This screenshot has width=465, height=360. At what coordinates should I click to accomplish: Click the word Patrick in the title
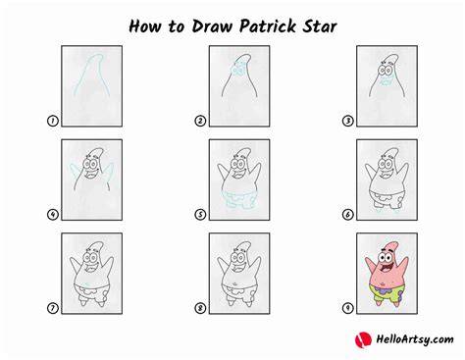pyautogui.click(x=268, y=26)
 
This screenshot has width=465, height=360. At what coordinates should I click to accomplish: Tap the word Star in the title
pyautogui.click(x=319, y=26)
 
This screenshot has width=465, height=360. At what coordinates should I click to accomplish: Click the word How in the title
pyautogui.click(x=145, y=26)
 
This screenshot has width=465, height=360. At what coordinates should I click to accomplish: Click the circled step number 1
pyautogui.click(x=52, y=121)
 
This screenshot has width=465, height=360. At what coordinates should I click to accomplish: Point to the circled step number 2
pyautogui.click(x=200, y=121)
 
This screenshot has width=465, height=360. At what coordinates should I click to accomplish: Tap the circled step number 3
pyautogui.click(x=347, y=121)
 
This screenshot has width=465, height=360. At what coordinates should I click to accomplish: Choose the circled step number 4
pyautogui.click(x=52, y=215)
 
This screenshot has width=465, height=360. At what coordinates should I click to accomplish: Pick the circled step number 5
pyautogui.click(x=200, y=215)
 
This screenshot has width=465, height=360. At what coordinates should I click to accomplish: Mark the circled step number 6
pyautogui.click(x=347, y=215)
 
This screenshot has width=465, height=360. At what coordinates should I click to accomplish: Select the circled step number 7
pyautogui.click(x=52, y=308)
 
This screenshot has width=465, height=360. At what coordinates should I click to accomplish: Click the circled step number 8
pyautogui.click(x=200, y=308)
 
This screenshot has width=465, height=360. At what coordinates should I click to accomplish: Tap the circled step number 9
pyautogui.click(x=347, y=308)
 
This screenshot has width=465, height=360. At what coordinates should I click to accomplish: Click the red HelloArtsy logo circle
pyautogui.click(x=363, y=339)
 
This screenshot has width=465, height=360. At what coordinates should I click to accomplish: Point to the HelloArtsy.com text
pyautogui.click(x=415, y=339)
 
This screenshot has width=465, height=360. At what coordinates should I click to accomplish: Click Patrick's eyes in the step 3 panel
pyautogui.click(x=386, y=71)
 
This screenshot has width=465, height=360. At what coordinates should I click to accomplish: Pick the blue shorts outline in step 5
pyautogui.click(x=239, y=198)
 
